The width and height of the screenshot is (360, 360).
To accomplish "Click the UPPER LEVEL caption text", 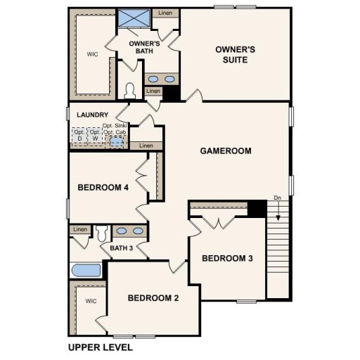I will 100,347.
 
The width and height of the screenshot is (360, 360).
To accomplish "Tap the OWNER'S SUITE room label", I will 234,54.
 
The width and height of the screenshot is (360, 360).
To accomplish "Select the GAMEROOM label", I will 225,150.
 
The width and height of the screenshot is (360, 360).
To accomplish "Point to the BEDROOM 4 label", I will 103,187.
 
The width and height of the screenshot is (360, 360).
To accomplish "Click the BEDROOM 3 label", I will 227,259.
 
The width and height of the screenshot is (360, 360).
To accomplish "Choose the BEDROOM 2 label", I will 153,298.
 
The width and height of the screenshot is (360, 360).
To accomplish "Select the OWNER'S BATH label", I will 146,47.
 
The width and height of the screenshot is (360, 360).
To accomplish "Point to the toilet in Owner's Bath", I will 129,90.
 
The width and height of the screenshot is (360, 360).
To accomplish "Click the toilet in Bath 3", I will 102,232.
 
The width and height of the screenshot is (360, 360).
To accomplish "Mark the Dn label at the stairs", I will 278,197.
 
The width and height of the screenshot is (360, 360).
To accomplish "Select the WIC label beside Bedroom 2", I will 90,301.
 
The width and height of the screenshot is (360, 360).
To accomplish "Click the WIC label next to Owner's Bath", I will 93,53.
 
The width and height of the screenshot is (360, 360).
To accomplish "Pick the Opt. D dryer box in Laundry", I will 79,136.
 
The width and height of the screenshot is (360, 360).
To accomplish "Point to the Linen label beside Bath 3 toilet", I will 79,229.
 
